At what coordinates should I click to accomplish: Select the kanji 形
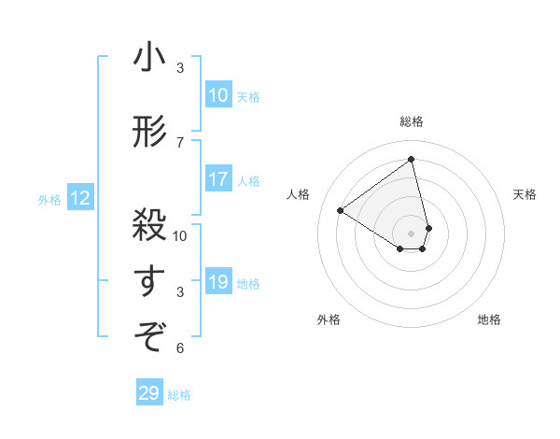click(149, 133)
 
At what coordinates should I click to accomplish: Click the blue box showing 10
click(218, 95)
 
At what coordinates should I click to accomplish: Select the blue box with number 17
click(218, 179)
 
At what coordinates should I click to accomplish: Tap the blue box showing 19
click(218, 282)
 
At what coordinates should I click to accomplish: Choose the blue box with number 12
click(79, 198)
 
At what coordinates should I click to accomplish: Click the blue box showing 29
click(149, 393)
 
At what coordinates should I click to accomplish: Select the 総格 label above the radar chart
click(412, 121)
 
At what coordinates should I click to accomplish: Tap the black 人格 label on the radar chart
click(299, 194)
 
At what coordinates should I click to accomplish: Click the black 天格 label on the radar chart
click(525, 194)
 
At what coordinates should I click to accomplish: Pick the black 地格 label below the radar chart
click(489, 319)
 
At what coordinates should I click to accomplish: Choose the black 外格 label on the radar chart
click(329, 319)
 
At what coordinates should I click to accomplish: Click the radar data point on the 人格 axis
click(340, 210)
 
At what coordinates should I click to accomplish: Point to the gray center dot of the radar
click(412, 233)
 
